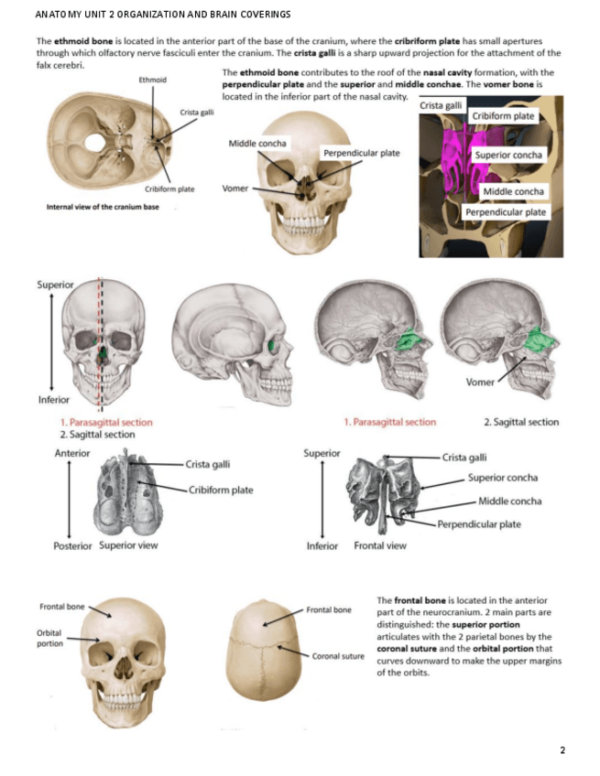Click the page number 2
pyautogui.click(x=562, y=750)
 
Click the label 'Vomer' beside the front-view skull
pyautogui.click(x=235, y=189)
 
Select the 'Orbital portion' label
pyautogui.click(x=49, y=638)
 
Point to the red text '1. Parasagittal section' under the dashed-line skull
pyautogui.click(x=106, y=423)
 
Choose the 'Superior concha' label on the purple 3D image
pyautogui.click(x=508, y=155)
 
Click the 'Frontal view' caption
pyautogui.click(x=379, y=545)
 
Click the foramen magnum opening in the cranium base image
pyautogui.click(x=94, y=142)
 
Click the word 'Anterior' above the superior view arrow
pyautogui.click(x=72, y=453)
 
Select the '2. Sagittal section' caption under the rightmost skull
pyautogui.click(x=520, y=422)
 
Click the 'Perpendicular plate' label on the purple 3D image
pyautogui.click(x=506, y=211)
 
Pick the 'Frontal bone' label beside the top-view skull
pyautogui.click(x=329, y=609)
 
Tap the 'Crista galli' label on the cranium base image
pyautogui.click(x=192, y=113)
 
